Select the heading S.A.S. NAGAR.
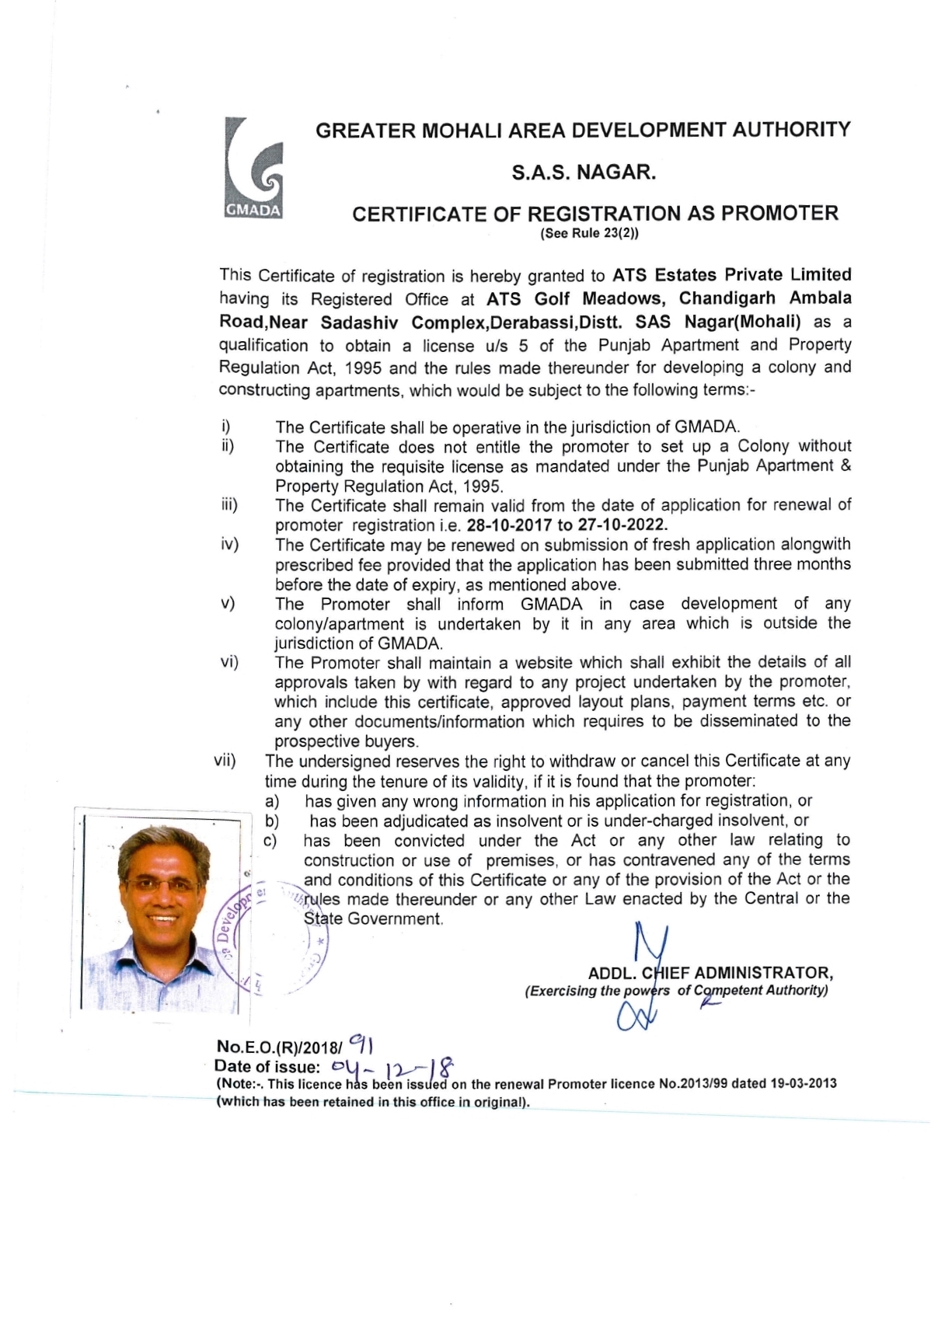click(x=584, y=173)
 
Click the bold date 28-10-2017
click(x=508, y=525)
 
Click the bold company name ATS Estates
click(x=664, y=275)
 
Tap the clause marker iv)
click(x=229, y=545)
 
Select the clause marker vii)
click(x=225, y=761)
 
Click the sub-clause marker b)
click(x=272, y=821)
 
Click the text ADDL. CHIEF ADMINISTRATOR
click(x=710, y=973)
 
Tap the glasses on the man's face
click(x=161, y=884)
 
